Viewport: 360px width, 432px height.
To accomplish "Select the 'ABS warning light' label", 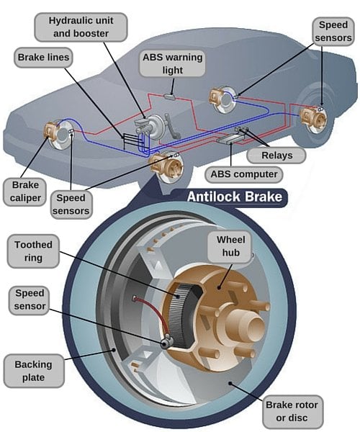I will click(x=173, y=63).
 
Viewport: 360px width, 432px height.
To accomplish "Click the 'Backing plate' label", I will click(x=33, y=370).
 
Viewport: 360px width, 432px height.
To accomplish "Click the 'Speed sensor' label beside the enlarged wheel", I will click(x=30, y=300).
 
